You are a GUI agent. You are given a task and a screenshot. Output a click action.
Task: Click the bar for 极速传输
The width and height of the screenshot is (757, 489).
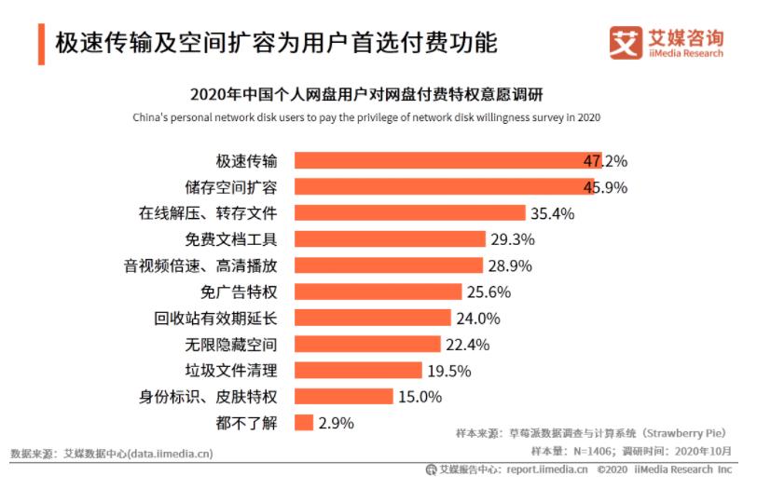[x=447, y=160]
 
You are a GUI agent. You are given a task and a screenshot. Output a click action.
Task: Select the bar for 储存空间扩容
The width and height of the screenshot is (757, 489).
[x=444, y=186]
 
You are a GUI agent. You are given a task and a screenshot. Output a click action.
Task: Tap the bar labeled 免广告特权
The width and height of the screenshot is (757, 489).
[x=378, y=292]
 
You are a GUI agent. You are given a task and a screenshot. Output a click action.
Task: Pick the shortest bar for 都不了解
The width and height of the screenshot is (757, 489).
[x=304, y=423]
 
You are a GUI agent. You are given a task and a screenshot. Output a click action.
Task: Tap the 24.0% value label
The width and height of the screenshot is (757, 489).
[x=477, y=318]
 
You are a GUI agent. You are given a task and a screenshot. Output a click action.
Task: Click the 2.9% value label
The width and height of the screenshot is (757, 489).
[x=337, y=423]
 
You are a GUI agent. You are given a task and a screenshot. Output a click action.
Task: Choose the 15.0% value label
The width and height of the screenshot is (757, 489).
[x=420, y=397]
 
